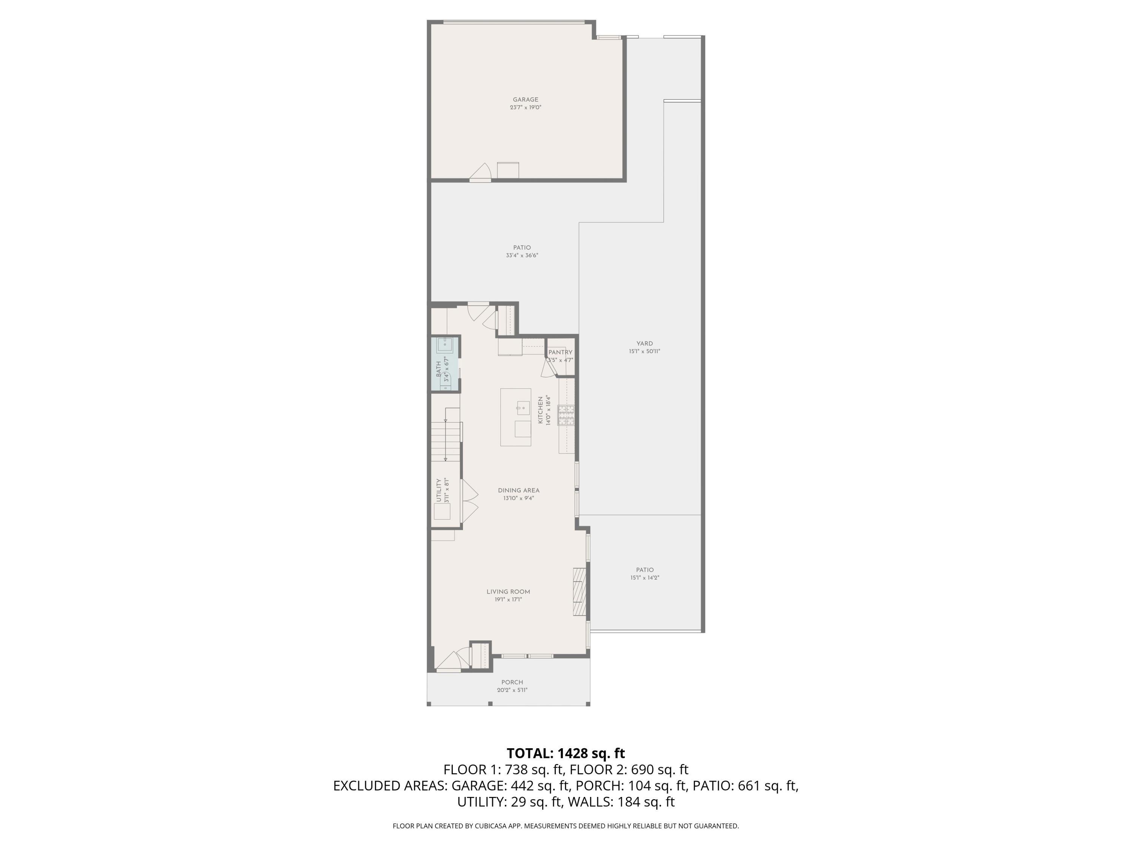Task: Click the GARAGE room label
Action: [526, 100]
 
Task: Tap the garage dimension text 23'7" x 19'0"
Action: [526, 108]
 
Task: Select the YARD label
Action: [644, 343]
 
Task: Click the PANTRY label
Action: [560, 352]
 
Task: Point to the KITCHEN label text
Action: [540, 410]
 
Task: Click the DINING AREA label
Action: [518, 490]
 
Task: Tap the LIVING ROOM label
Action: [508, 592]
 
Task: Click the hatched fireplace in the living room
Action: [579, 591]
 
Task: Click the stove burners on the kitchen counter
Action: [566, 415]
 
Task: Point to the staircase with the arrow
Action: [446, 435]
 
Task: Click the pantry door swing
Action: [547, 368]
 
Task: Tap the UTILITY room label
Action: [438, 490]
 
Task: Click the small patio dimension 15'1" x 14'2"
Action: [645, 578]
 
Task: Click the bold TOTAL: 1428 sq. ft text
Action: [566, 753]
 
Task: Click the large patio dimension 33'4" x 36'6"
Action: [522, 255]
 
